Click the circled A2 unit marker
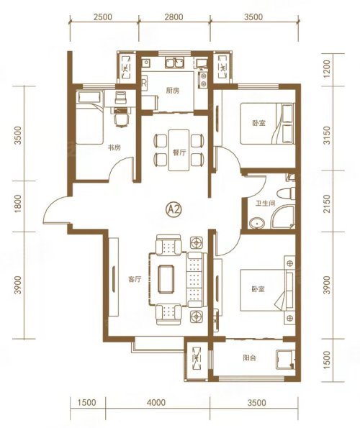[174, 209]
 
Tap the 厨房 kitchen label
[173, 91]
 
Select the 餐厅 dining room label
[179, 152]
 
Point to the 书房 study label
[114, 148]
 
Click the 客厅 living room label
[135, 279]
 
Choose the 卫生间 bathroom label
[265, 204]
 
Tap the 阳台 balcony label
[249, 358]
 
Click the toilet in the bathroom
[286, 193]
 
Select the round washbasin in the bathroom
[257, 223]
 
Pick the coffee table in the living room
[166, 278]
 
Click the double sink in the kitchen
[174, 63]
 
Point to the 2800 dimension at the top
[174, 17]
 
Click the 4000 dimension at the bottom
[156, 403]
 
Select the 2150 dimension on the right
[327, 204]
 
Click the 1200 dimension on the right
[327, 69]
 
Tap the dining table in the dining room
[179, 150]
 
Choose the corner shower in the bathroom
[283, 217]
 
